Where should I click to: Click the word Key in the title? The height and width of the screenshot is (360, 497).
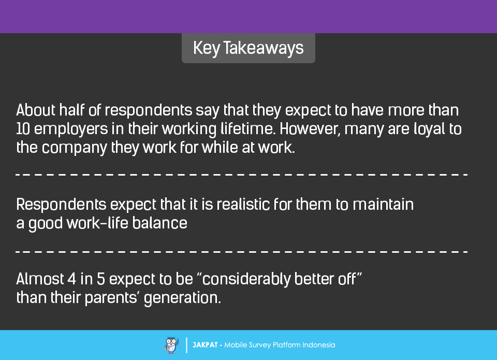tap(207, 49)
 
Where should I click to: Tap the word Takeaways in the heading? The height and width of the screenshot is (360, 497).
tap(264, 48)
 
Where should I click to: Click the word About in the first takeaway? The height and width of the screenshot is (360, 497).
tap(36, 110)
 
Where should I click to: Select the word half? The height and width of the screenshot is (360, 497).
tap(72, 110)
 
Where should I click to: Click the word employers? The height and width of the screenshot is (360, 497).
tap(71, 129)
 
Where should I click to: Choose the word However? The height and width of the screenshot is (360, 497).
tap(310, 129)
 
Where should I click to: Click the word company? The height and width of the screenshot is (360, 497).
tap(74, 148)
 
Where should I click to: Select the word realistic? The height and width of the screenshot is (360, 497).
tap(243, 204)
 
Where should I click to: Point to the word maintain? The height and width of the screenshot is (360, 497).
tap(383, 204)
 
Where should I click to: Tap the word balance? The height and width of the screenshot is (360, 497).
tap(160, 223)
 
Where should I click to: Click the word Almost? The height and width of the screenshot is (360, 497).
tap(40, 279)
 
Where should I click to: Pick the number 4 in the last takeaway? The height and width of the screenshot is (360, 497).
tap(72, 279)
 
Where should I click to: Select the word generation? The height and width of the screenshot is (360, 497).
tap(182, 298)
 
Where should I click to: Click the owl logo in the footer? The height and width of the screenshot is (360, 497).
tap(171, 345)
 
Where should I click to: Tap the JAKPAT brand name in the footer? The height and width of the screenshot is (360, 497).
tap(205, 345)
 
